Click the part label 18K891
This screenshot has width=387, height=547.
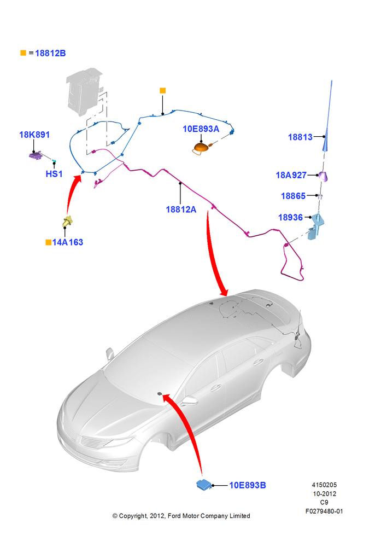(x=34, y=135)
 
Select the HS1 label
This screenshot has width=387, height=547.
(x=54, y=174)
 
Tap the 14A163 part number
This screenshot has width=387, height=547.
(x=68, y=242)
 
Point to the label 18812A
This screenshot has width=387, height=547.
(x=181, y=210)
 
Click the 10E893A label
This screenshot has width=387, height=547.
(x=201, y=129)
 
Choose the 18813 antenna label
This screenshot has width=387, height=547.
(x=300, y=137)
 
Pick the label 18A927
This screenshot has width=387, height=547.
(x=291, y=175)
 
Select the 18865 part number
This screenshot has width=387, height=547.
(x=293, y=196)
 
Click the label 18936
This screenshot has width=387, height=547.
(x=290, y=217)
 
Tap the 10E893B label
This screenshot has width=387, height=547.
(x=248, y=485)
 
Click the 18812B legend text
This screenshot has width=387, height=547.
(x=50, y=53)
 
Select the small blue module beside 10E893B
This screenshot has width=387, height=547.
(x=204, y=485)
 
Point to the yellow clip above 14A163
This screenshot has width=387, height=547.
(x=67, y=221)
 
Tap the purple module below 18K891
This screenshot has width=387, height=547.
(x=35, y=155)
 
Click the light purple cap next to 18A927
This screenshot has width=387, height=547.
(x=324, y=177)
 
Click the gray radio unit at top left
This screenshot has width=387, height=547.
(x=85, y=90)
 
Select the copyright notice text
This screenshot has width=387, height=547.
(x=181, y=516)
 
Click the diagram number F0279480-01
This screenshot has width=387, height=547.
(x=324, y=511)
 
